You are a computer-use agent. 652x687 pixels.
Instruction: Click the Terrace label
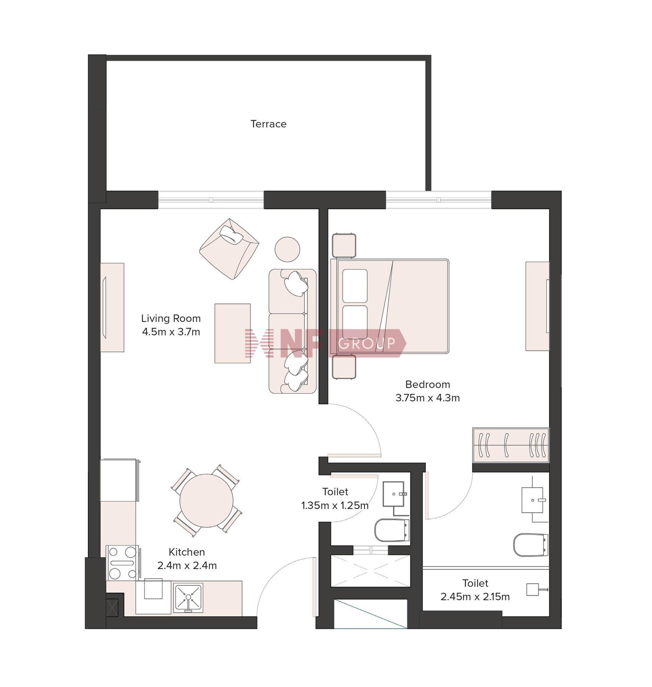point(268,124)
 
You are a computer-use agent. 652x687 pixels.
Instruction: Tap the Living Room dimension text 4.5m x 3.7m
point(171,332)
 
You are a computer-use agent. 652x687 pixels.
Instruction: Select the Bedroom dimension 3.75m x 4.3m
point(428,398)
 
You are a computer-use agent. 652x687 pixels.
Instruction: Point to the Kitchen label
point(187,552)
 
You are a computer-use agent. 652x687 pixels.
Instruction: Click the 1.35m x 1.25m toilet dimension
point(335,505)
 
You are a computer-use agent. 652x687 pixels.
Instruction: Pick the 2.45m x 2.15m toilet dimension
point(475,597)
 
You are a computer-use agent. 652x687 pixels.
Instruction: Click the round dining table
point(206,501)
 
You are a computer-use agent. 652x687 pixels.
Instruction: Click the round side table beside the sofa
point(287,249)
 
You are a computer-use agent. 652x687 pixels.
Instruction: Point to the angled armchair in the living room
point(229,249)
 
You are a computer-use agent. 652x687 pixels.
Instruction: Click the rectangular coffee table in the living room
point(233,333)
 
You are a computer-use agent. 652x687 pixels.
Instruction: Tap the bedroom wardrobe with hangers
point(511,445)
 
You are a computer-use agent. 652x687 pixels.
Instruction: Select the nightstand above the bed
point(344,245)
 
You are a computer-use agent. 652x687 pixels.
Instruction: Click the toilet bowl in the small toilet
point(392,530)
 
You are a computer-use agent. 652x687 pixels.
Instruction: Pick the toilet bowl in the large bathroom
point(531,544)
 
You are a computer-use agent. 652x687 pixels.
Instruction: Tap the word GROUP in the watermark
point(367,343)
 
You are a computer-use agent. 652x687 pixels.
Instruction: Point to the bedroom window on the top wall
point(439,200)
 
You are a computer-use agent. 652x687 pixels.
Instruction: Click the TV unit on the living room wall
point(112,307)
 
